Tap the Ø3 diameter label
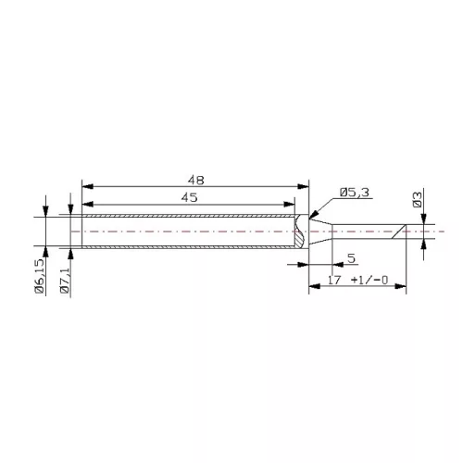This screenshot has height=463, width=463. pyautogui.click(x=418, y=199)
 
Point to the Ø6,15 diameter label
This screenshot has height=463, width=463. pyautogui.click(x=40, y=277)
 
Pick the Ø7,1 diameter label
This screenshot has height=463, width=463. pyautogui.click(x=64, y=277)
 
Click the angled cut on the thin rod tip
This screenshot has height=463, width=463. pyautogui.click(x=401, y=232)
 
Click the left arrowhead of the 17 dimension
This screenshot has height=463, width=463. pyautogui.click(x=310, y=288)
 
